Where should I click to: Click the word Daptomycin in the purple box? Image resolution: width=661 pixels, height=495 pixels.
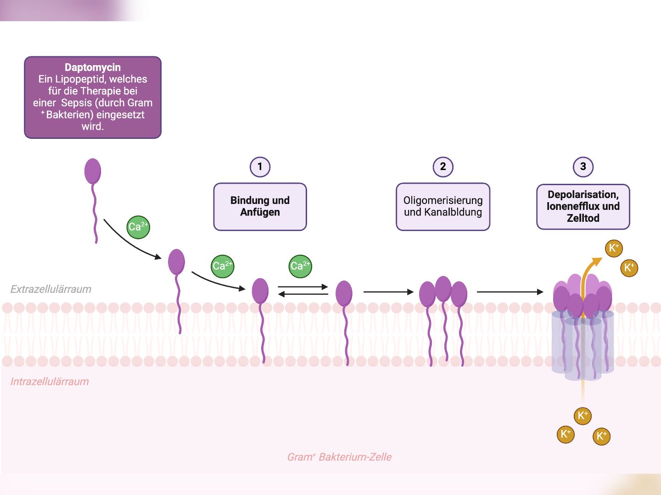tap(93, 67)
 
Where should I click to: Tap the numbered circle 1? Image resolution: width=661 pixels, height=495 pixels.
tap(260, 167)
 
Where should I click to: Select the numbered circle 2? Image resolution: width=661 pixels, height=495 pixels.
tap(443, 167)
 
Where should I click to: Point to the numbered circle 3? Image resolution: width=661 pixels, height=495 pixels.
tap(583, 167)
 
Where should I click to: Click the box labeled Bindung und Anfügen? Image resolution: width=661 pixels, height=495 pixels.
tap(260, 207)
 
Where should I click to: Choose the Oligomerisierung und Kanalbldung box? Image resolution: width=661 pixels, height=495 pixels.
tap(443, 207)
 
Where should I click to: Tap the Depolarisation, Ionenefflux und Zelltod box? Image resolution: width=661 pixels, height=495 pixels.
tap(583, 207)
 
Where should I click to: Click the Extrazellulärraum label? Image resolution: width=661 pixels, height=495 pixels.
tap(51, 289)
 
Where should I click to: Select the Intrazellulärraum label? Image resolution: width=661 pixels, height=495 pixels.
tap(50, 381)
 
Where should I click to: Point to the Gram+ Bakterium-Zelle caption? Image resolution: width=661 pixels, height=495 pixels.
tap(339, 457)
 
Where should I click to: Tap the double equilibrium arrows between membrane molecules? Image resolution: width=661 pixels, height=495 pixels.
tap(303, 291)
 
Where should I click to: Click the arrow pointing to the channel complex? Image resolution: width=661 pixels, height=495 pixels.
tap(510, 291)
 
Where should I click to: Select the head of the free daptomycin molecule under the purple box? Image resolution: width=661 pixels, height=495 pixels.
tap(93, 171)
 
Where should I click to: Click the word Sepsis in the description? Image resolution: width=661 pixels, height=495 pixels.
tap(77, 103)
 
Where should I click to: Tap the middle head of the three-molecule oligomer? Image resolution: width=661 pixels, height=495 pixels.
tap(443, 288)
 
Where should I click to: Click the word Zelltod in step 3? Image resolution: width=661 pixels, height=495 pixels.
tap(583, 218)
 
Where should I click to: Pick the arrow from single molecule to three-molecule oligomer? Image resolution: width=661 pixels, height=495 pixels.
tap(388, 291)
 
